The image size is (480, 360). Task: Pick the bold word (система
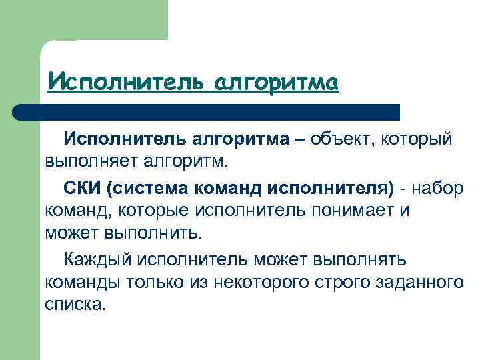pos(148,187)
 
